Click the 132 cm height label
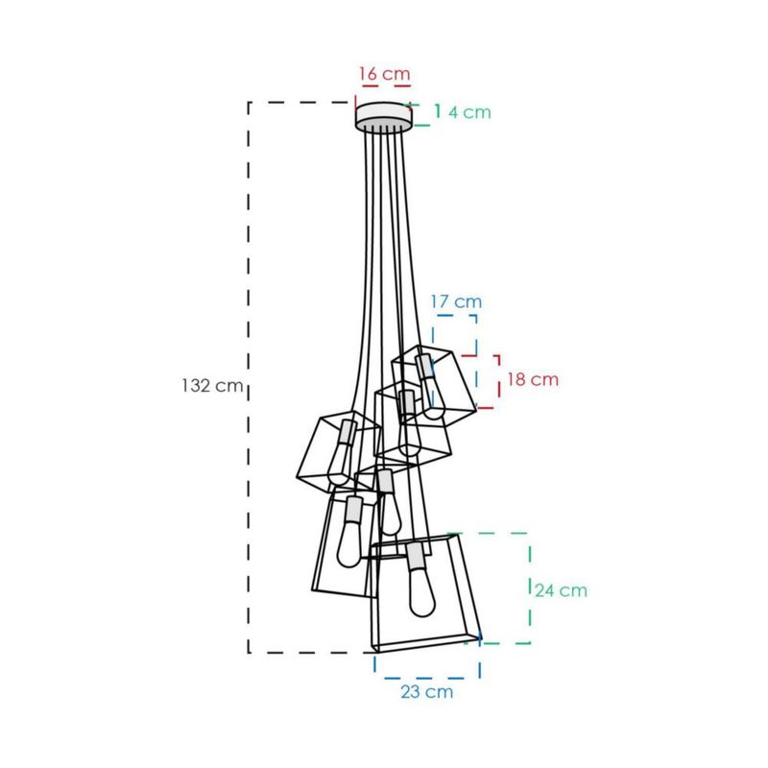[212, 386]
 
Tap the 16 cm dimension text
[385, 74]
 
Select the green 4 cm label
[469, 112]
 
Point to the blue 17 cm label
[456, 301]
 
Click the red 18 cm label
[533, 379]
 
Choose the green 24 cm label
[561, 590]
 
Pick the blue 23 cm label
[426, 691]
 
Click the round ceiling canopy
[383, 116]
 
